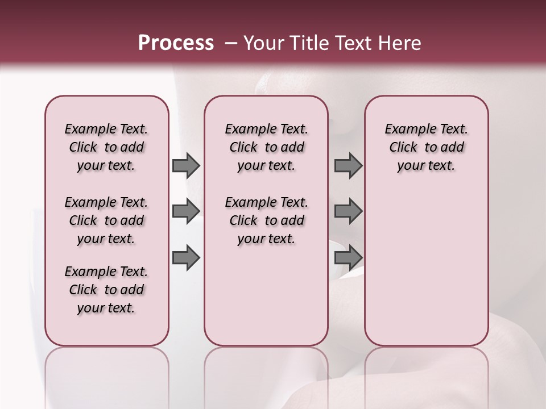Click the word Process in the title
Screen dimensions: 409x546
pyautogui.click(x=176, y=43)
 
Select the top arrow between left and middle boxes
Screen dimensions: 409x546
pyautogui.click(x=186, y=165)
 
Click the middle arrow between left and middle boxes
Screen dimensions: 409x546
pyautogui.click(x=186, y=211)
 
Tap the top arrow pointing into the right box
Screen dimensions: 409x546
pyautogui.click(x=348, y=165)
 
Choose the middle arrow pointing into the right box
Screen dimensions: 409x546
pyautogui.click(x=348, y=211)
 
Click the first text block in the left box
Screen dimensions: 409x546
pyautogui.click(x=106, y=147)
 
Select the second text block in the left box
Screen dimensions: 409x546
pyautogui.click(x=106, y=220)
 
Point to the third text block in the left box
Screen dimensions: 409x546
pyautogui.click(x=106, y=290)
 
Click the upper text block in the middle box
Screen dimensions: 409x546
pyautogui.click(x=266, y=147)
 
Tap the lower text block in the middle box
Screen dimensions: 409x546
pyautogui.click(x=266, y=220)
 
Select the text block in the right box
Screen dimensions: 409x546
pyautogui.click(x=426, y=147)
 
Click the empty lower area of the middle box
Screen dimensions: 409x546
pyautogui.click(x=266, y=295)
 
